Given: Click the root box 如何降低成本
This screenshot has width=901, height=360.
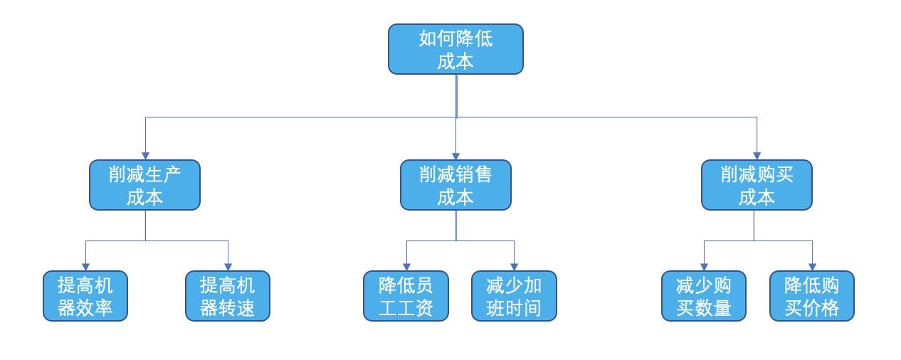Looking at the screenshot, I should pos(455,49).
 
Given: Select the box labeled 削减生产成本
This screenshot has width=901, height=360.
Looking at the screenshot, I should pos(144,185).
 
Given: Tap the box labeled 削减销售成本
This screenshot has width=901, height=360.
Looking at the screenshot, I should pos(455,185).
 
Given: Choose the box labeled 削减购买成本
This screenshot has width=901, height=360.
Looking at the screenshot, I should pos(757,185).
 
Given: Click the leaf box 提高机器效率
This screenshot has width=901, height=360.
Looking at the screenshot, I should pos(85,296).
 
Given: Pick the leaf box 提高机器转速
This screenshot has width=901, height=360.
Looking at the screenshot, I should pos(228,296).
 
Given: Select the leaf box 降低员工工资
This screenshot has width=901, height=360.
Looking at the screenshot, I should pos(406,296).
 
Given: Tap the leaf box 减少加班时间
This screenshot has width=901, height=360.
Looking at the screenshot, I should pos(514,296).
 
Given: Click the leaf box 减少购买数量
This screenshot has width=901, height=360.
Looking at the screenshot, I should pos(704,296).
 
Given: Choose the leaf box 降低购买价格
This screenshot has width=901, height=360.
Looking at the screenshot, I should pos(812,296).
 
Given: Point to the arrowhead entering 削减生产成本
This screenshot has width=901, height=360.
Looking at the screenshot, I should pos(145,155).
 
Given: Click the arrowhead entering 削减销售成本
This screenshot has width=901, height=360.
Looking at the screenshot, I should pos(456,155).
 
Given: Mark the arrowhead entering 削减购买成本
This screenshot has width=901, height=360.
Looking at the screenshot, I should pos(757,155).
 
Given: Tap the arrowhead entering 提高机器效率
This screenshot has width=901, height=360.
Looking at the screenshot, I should pos(85,266).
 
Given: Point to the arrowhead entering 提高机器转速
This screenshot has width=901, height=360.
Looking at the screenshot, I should pos(228,266).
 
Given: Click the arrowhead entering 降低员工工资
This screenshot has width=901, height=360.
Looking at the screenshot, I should pos(406,266).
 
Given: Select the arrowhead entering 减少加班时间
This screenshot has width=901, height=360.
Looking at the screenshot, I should pos(514,266).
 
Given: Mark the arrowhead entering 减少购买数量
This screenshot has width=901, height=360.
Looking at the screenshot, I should pos(704,266).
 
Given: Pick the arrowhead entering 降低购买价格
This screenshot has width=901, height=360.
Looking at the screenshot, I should pos(812,266).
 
